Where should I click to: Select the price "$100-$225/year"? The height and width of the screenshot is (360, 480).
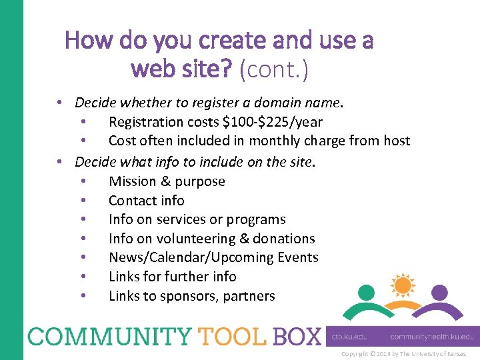point(273,122)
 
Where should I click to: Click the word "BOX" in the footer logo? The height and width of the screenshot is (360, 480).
point(296,335)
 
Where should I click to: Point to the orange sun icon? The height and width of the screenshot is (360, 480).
point(402,285)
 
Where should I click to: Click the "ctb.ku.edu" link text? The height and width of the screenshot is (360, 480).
point(353,337)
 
